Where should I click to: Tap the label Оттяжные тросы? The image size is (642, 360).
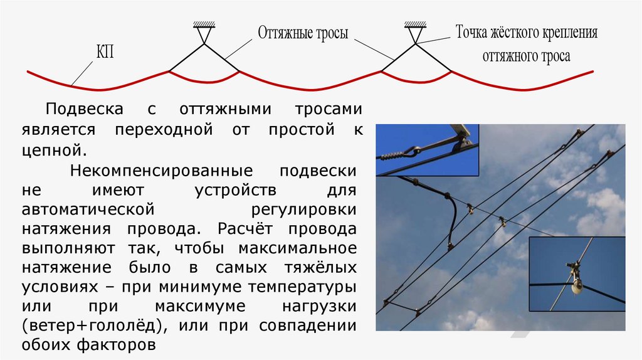coord(302,33)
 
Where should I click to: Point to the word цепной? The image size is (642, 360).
coord(53,151)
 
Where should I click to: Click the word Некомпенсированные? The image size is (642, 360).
coord(161,171)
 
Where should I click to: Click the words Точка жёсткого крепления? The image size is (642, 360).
coord(526,33)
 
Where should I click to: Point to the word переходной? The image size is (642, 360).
coord(160,129)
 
